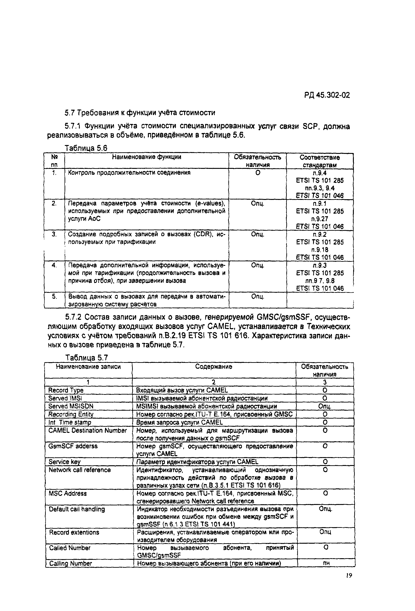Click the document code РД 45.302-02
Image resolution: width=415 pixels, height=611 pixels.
tap(327, 95)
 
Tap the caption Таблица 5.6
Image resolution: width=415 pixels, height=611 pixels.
tap(86, 148)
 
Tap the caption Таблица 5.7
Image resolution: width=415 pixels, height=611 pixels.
tap(87, 358)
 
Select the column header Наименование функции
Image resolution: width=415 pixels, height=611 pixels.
tap(146, 157)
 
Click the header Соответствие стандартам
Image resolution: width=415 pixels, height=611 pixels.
tap(319, 161)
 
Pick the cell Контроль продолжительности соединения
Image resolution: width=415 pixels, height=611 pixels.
tap(129, 173)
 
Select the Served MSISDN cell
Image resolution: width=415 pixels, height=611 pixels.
tap(71, 406)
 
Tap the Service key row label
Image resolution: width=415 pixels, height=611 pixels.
tap(65, 462)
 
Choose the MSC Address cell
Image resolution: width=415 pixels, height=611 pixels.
tap(68, 493)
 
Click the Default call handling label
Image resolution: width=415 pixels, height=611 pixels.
tap(77, 509)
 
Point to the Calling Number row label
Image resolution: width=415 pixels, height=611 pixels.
tap(70, 563)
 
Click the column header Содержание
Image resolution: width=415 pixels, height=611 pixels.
tap(213, 366)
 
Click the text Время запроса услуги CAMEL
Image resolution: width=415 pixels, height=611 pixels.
tap(179, 422)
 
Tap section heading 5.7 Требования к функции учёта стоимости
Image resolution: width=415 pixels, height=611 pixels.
tap(140, 113)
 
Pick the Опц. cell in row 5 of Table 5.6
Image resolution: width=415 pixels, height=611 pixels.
tap(257, 297)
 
